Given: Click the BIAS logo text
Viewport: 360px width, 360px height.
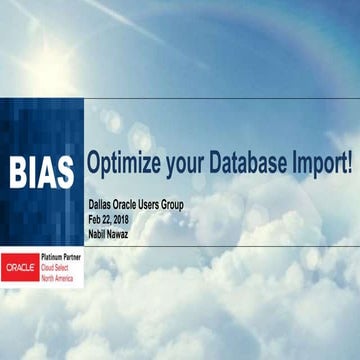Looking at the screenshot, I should [x=42, y=172].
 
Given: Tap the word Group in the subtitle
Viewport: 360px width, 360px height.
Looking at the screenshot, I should [x=192, y=206].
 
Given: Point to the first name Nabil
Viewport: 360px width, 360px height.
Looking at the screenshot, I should [x=100, y=233].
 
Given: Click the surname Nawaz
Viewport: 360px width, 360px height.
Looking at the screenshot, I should [x=127, y=233].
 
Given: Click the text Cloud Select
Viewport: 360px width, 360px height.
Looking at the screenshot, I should [x=58, y=268].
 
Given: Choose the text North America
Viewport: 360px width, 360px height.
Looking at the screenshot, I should [x=60, y=277].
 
